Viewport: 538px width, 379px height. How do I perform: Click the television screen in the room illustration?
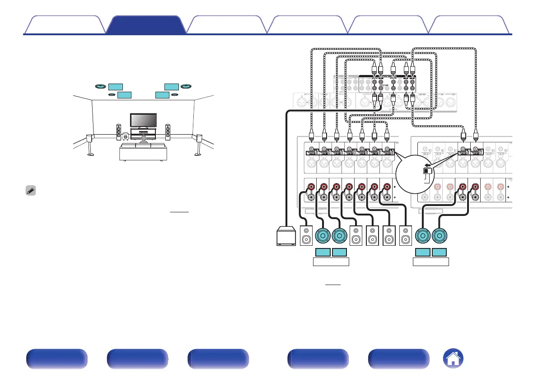pos(143,120)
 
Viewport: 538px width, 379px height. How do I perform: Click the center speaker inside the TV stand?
pos(143,133)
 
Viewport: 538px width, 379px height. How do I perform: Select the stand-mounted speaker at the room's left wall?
pos(90,142)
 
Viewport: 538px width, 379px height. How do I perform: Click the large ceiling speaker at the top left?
pos(100,86)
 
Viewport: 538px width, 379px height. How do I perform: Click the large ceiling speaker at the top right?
pos(186,86)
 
